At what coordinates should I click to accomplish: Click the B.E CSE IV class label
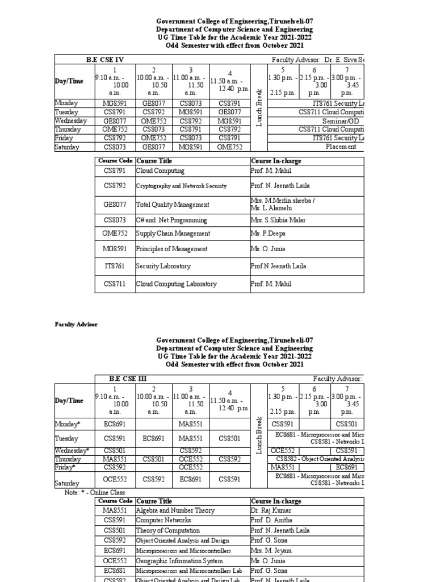tap(104, 60)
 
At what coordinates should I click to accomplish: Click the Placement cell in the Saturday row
tap(341, 147)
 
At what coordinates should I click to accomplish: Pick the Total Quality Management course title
tap(165, 205)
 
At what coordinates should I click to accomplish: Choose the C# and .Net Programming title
tap(163, 220)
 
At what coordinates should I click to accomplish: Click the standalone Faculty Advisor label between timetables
tap(76, 325)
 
